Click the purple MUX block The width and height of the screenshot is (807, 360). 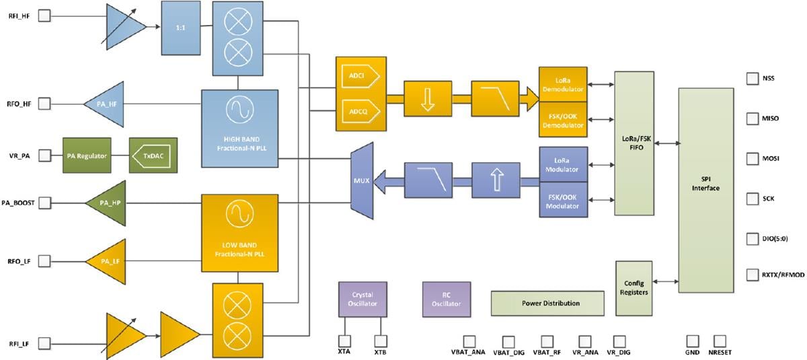361,180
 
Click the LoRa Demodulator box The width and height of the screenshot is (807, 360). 563,85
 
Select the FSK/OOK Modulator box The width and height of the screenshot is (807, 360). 563,200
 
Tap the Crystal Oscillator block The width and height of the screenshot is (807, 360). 362,299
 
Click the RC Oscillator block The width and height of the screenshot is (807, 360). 447,299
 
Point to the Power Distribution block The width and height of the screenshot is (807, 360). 547,303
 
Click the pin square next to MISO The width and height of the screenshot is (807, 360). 752,118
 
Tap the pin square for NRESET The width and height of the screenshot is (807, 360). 721,341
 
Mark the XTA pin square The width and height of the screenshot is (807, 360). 344,340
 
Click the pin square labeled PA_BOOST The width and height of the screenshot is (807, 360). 44,202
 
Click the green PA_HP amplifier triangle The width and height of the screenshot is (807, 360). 108,202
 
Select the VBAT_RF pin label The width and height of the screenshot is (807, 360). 547,353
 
